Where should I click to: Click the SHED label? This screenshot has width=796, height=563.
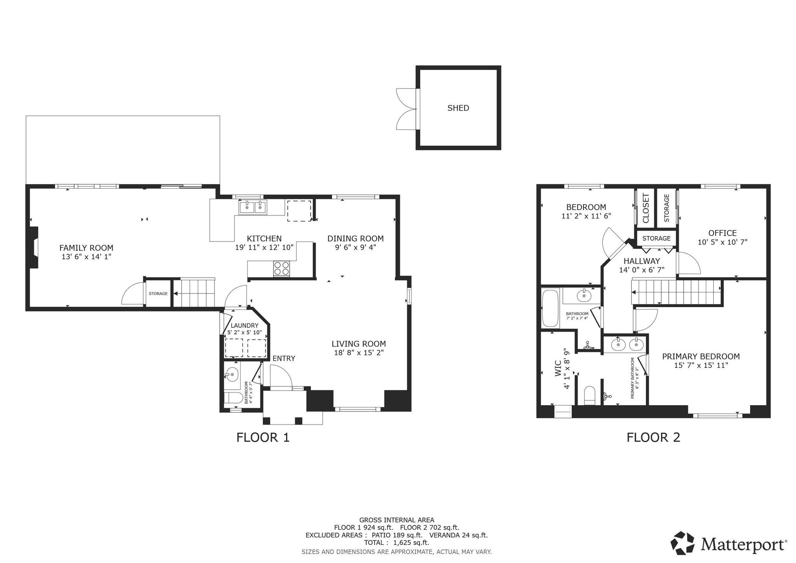point(458,108)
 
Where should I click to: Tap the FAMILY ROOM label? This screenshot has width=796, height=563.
point(86,248)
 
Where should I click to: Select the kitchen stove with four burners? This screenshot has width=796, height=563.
point(282,268)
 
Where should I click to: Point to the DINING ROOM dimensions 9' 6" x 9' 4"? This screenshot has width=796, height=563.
point(355,247)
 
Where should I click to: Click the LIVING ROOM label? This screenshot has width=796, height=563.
point(359,344)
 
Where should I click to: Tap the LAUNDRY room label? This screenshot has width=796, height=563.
point(244,325)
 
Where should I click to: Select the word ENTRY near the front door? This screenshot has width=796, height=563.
point(284,358)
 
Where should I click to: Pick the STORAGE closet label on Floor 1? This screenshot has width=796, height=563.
point(158,294)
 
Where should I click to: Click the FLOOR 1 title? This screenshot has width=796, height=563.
point(263,437)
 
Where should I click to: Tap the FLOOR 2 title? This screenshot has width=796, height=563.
point(653,437)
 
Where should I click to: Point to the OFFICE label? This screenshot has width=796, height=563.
point(723,233)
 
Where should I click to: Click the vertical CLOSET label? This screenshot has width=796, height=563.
point(646,208)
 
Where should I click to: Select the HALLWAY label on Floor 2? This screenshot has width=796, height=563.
point(642,261)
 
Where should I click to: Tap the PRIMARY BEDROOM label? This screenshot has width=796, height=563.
point(701,356)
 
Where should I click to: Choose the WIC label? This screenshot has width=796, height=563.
point(558,369)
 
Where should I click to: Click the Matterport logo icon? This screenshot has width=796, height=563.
point(683,543)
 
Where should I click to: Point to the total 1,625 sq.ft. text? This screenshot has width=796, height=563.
point(396,543)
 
